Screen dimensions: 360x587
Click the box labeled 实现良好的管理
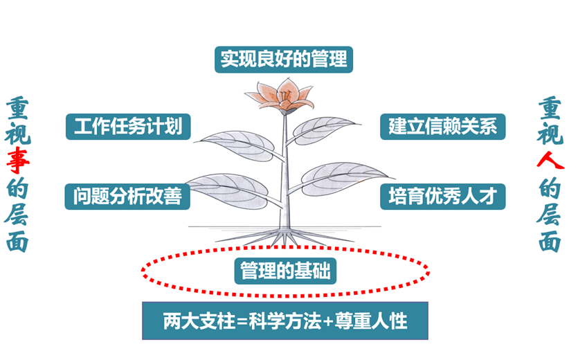click(284, 58)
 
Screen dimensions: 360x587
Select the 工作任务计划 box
click(127, 127)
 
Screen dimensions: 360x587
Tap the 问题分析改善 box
click(127, 197)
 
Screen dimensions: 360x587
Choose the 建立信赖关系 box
click(443, 127)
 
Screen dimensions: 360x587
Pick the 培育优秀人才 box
click(443, 197)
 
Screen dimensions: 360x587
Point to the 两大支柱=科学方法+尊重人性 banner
click(285, 321)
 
